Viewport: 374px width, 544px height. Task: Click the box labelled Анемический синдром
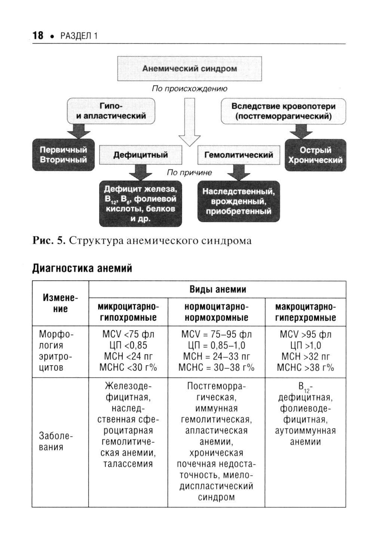coord(190,69)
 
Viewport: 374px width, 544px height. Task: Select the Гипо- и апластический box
coord(111,111)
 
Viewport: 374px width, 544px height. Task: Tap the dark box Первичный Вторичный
coord(63,155)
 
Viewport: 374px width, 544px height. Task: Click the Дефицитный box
coord(141,155)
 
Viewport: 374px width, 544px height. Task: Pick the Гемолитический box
coord(239,155)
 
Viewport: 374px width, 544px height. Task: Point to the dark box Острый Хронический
coord(315,155)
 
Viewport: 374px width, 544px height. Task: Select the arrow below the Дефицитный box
coord(140,172)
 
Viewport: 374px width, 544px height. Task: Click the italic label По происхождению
coord(189,89)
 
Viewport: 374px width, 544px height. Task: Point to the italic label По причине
coord(189,172)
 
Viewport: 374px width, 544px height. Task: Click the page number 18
coord(38,36)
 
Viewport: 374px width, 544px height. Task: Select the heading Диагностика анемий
coord(82,268)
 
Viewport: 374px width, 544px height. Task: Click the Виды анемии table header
coord(218,289)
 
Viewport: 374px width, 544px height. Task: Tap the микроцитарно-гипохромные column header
coord(128,312)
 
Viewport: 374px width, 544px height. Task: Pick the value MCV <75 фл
coord(128,334)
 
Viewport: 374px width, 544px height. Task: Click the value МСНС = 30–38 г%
coord(216,367)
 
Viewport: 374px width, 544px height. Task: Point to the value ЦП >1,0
coord(306,345)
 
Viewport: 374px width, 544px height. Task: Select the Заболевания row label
coord(51,442)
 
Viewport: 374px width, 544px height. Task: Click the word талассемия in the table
coord(128,464)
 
